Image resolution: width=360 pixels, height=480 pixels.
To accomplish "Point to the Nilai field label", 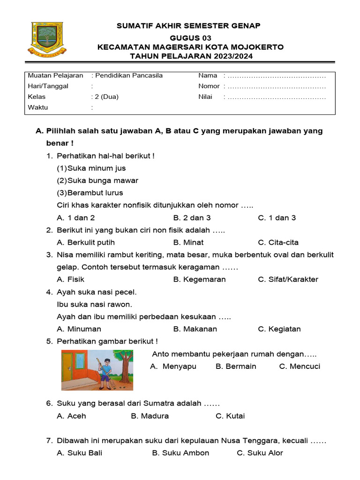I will pyautogui.click(x=205, y=97).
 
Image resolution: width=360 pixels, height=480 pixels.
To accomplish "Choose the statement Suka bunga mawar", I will pyautogui.click(x=97, y=180).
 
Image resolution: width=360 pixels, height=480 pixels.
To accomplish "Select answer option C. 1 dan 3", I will pyautogui.click(x=277, y=217).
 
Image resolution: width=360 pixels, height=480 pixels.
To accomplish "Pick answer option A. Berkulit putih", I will pyautogui.click(x=86, y=242).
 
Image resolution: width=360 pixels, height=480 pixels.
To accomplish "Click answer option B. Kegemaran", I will pyautogui.click(x=199, y=279).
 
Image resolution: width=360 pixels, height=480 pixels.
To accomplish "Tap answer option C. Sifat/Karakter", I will pyautogui.click(x=288, y=279).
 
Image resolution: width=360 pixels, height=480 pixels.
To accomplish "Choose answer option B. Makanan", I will pyautogui.click(x=195, y=329).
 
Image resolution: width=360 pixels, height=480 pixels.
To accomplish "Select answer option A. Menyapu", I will pyautogui.click(x=173, y=367).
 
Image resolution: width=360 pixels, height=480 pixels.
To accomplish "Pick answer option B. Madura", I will pyautogui.click(x=150, y=416).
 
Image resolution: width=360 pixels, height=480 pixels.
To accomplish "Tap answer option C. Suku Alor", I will pyautogui.click(x=260, y=453).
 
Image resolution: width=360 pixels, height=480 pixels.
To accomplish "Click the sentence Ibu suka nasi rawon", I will pyautogui.click(x=94, y=304).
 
